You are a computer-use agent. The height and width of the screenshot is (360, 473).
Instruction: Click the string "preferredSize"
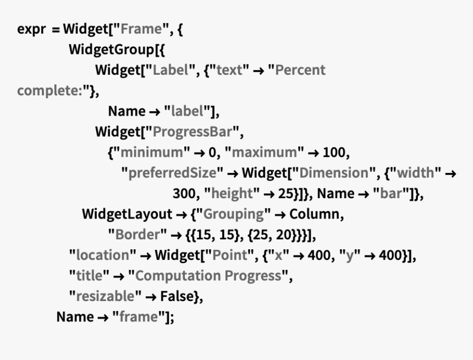(172, 173)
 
